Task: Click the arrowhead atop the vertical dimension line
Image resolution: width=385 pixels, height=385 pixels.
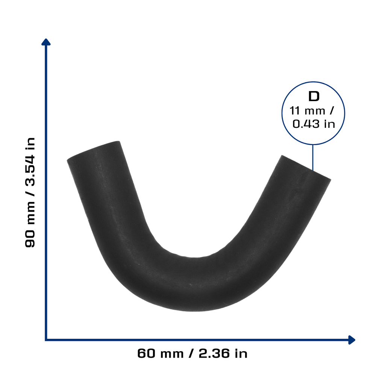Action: pos(46,42)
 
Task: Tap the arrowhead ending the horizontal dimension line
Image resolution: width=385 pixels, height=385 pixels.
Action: pos(352,340)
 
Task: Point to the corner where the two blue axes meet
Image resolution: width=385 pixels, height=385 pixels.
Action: pos(46,340)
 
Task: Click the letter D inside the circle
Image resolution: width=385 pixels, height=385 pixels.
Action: pos(314,96)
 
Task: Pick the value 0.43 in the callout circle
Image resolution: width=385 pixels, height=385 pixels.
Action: pos(306,124)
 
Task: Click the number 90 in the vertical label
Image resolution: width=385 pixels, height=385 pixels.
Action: pos(30,238)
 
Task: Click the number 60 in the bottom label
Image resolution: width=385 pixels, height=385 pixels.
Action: pos(146,353)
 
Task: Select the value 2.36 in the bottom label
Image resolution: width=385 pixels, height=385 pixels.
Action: pos(214,353)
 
